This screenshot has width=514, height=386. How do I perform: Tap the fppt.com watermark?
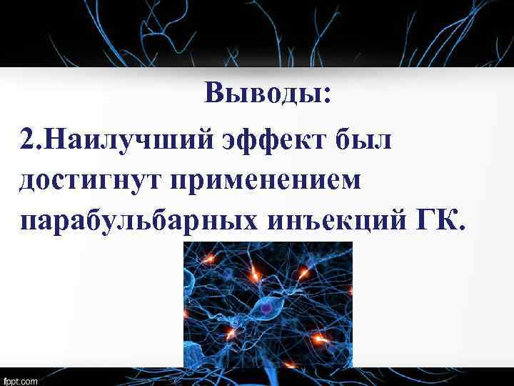21,380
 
